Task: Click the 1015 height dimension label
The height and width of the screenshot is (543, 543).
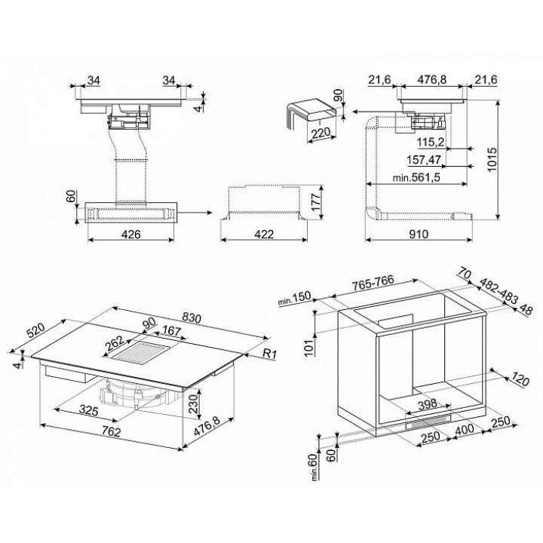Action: click(492, 159)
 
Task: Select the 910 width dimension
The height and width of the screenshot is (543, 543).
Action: click(419, 235)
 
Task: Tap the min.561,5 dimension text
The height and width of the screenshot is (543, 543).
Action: click(416, 178)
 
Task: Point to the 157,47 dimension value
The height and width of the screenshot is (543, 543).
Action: click(424, 160)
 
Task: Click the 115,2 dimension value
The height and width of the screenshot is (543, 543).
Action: click(431, 142)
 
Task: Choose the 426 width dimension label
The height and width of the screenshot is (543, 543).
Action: click(131, 235)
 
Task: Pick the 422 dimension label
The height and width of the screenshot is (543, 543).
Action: click(264, 235)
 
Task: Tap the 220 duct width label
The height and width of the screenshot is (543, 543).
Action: click(321, 133)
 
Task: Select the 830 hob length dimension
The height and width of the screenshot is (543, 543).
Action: click(191, 318)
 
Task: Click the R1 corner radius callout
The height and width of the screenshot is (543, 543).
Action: click(269, 354)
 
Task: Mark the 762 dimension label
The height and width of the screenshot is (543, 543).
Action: click(111, 431)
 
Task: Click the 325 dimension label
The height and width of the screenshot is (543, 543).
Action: click(89, 410)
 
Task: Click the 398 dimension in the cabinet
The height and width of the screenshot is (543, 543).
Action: click(428, 403)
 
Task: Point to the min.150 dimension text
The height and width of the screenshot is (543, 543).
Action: click(295, 299)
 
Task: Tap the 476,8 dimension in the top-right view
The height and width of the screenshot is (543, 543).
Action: click(431, 80)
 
